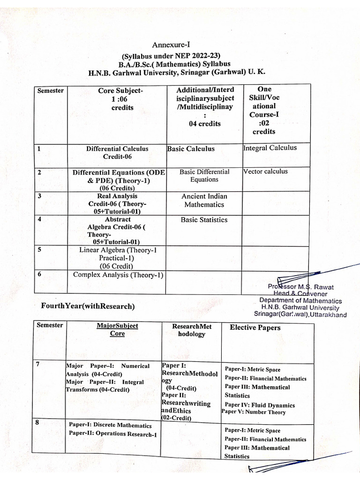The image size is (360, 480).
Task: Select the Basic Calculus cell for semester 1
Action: coord(191,149)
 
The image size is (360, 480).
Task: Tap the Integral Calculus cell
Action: coord(270,148)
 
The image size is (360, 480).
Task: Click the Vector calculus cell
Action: coord(265,171)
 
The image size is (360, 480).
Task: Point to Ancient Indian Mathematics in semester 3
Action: coord(204,200)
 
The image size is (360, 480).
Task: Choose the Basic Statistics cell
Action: coord(204,219)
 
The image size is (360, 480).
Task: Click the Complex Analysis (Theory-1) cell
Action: coord(118,275)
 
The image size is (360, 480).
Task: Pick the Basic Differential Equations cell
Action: coord(204,175)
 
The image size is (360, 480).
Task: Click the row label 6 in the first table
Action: coord(39,274)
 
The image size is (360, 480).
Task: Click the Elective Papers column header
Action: coord(255,328)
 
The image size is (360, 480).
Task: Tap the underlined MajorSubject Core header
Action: coord(117,330)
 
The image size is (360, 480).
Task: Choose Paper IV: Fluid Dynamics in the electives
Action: coord(259,405)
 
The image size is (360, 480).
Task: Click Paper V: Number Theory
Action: coord(254,412)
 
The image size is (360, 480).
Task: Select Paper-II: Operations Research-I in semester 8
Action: coord(112,434)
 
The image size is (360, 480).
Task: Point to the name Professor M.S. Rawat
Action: coord(300,286)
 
